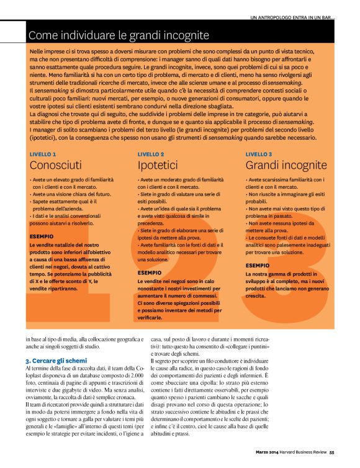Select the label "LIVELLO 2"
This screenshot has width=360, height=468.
pos(151,153)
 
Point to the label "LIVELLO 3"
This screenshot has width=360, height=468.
pos(259,153)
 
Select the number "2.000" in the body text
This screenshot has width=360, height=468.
pos(138,376)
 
